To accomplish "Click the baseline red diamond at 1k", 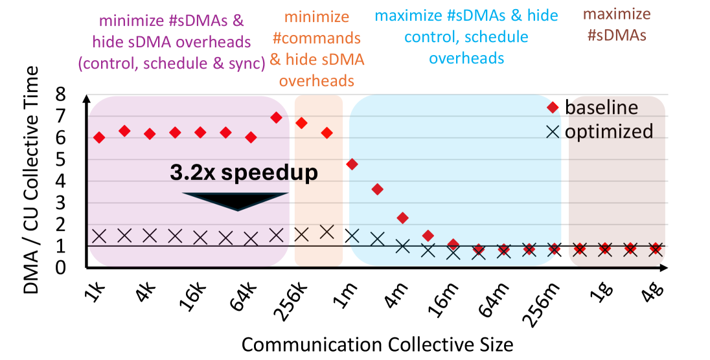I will coord(99,137).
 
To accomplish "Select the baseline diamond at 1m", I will coord(352,164).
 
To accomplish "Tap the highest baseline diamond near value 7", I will coord(276,118).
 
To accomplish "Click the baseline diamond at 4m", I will coord(402,218).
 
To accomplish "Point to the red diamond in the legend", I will coord(552,107).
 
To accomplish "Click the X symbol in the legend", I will coord(552,131).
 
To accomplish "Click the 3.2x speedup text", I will coord(244,173).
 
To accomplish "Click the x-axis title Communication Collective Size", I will coord(378,343).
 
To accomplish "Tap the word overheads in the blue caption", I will coord(466,58).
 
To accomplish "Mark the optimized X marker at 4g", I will coord(656,248).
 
